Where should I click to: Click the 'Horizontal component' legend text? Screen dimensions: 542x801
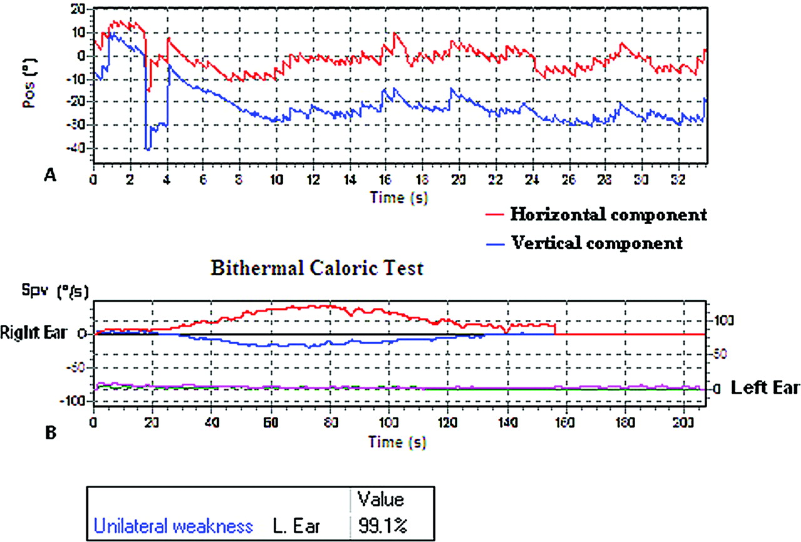(608, 215)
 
